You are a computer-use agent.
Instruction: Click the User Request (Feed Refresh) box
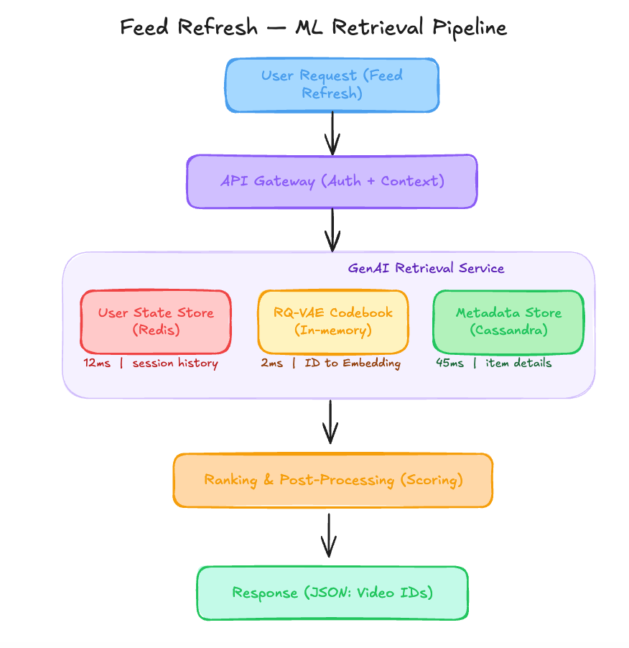[332, 85]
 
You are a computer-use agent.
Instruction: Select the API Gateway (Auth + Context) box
[332, 182]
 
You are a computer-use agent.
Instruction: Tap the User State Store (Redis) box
[156, 322]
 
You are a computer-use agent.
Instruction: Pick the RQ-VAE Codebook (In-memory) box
[333, 322]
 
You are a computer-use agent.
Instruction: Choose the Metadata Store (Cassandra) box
[508, 322]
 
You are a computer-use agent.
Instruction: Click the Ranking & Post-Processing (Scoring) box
[333, 480]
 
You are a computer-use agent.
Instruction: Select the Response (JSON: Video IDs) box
[332, 593]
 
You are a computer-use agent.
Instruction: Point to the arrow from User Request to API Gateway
[332, 134]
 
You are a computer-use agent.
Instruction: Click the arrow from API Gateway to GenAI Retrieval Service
[332, 230]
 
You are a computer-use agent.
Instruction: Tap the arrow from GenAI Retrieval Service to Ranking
[330, 422]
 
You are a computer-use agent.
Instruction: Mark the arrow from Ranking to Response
[329, 535]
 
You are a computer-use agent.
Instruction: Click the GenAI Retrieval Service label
[426, 268]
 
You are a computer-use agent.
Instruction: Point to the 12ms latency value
[97, 363]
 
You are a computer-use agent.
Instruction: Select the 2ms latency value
[271, 363]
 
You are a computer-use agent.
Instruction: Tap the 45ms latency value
[449, 363]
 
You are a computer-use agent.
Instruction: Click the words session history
[175, 364]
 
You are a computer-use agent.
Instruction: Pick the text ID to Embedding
[353, 364]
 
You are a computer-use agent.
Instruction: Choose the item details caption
[518, 363]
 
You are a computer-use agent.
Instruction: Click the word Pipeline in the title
[470, 28]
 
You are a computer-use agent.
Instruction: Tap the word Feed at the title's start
[144, 27]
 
